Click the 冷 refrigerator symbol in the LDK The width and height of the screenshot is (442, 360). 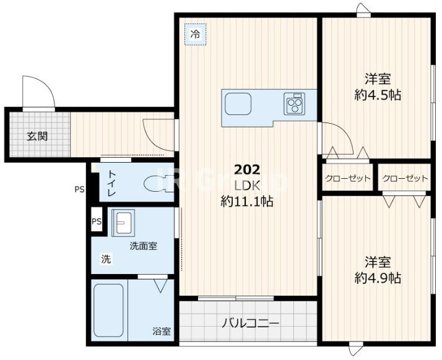pyautogui.click(x=195, y=35)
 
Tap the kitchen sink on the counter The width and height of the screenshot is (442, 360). pyautogui.click(x=236, y=104)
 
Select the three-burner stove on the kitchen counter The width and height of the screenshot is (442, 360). pyautogui.click(x=294, y=103)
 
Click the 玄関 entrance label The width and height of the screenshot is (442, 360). pyautogui.click(x=37, y=136)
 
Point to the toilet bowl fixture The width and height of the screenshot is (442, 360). pyautogui.click(x=154, y=184)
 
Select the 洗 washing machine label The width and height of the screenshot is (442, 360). pyautogui.click(x=106, y=259)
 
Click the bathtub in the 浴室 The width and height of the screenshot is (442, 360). pyautogui.click(x=109, y=309)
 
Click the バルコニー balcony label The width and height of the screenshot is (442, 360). pyautogui.click(x=250, y=323)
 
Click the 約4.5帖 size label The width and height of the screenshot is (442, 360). pyautogui.click(x=378, y=95)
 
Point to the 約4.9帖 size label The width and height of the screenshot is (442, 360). pyautogui.click(x=378, y=278)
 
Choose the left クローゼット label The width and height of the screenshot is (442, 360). pyautogui.click(x=347, y=179)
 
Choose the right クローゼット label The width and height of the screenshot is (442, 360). pyautogui.click(x=405, y=179)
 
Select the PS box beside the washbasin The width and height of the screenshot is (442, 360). pyautogui.click(x=97, y=221)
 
